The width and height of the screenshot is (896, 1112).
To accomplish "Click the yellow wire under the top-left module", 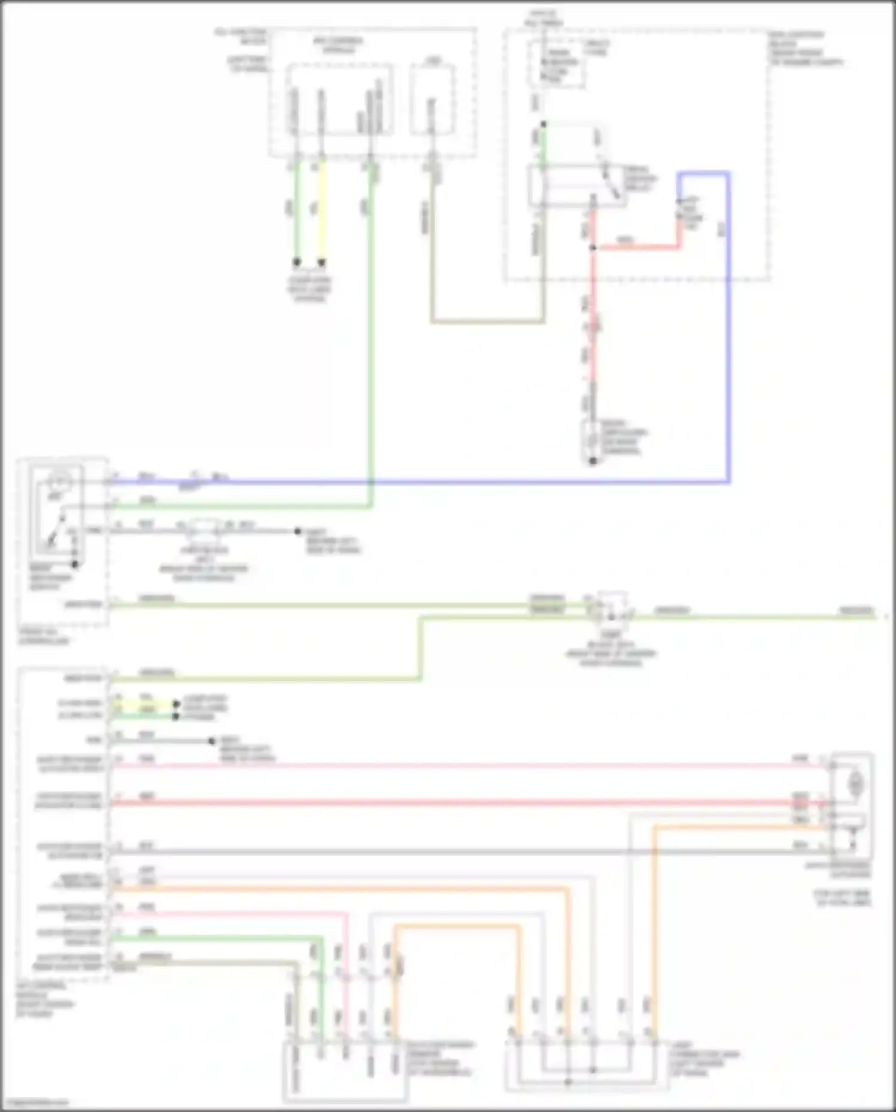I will point(322,209).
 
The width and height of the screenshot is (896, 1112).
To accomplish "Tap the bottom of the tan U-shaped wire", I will point(487,322).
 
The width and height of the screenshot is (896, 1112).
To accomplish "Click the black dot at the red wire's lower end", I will point(593,461).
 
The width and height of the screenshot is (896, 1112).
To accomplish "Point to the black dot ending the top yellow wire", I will point(322,262).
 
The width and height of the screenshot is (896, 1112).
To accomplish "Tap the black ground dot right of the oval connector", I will point(297,531).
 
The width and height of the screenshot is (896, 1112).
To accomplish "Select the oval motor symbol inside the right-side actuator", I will point(856,782).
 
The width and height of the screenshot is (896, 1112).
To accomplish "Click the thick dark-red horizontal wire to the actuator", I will point(448,803).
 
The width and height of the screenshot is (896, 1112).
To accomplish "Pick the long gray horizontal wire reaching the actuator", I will point(448,851).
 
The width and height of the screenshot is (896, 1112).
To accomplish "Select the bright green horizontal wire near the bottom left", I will point(215,938).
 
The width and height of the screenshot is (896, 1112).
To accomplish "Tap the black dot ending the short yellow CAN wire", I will point(176,705).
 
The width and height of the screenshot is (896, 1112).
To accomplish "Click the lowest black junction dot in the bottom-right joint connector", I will point(568,1082).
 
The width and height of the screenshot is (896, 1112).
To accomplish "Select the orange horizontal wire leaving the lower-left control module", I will point(335,889).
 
